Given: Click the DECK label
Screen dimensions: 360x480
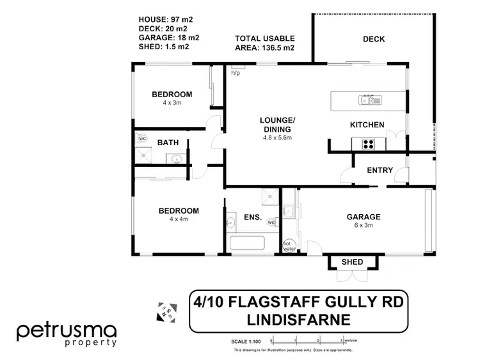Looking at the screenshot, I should point(374,39).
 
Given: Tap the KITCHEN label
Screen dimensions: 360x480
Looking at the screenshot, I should point(367,125).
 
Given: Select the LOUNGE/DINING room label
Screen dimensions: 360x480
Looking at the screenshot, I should point(277,125).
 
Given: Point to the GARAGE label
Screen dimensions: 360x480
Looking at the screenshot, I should point(364,216).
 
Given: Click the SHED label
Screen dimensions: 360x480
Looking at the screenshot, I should point(352,262).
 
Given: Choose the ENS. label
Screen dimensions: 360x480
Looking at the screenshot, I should point(253,217).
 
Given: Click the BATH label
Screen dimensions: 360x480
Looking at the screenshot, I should point(168,143).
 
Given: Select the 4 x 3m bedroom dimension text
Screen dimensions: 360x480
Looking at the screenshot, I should point(172,103).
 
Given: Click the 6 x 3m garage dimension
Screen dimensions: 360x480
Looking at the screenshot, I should point(364,225).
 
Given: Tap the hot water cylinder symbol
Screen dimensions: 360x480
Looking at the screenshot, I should point(288,245).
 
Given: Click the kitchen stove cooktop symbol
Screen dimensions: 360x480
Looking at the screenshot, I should point(369,144).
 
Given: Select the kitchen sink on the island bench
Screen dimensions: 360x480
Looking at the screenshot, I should point(371,100).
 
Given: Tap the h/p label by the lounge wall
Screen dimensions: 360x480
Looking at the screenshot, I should point(235,73).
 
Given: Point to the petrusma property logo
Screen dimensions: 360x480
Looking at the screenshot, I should point(67,334).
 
